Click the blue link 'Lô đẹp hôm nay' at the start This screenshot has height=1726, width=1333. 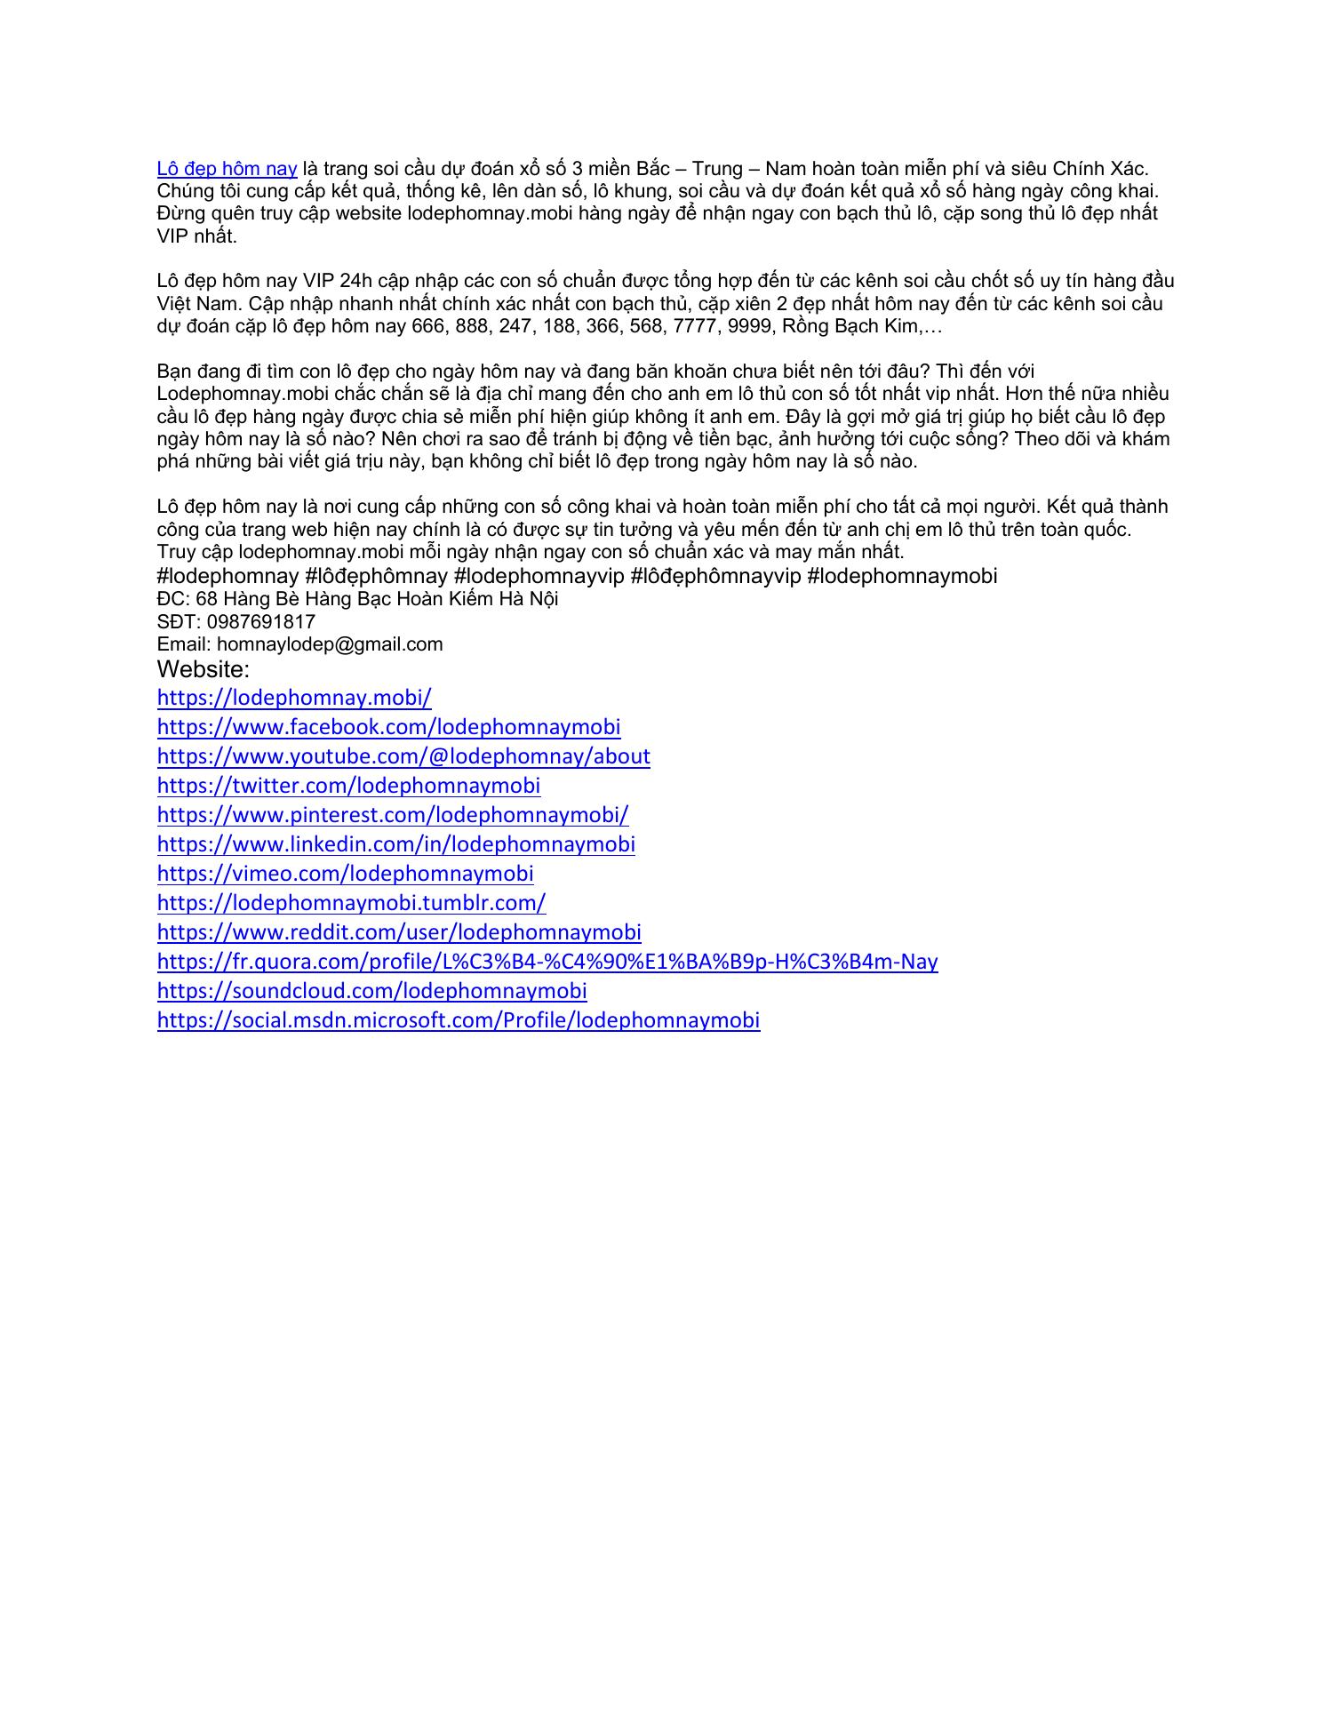pos(227,169)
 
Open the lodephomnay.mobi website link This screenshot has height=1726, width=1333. pos(294,698)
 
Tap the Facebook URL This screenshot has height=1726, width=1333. pos(388,727)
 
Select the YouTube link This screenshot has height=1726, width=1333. pos(403,756)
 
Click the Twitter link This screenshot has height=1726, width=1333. pos(348,786)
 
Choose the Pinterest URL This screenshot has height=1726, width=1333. pos(393,815)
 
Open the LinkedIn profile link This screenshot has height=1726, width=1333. pos(395,844)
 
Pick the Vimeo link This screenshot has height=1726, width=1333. pos(345,874)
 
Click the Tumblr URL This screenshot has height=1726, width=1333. pos(351,903)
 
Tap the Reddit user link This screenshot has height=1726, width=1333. pos(399,932)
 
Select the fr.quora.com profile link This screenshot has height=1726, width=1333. pos(547,962)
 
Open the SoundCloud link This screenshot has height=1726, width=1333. pos(371,991)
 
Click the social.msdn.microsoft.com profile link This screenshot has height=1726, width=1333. pos(459,1020)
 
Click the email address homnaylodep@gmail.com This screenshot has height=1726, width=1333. pos(330,644)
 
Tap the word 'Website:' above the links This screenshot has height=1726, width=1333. pos(204,669)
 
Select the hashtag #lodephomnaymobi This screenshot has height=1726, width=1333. pos(902,576)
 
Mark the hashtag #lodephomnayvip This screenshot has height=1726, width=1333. pos(539,576)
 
